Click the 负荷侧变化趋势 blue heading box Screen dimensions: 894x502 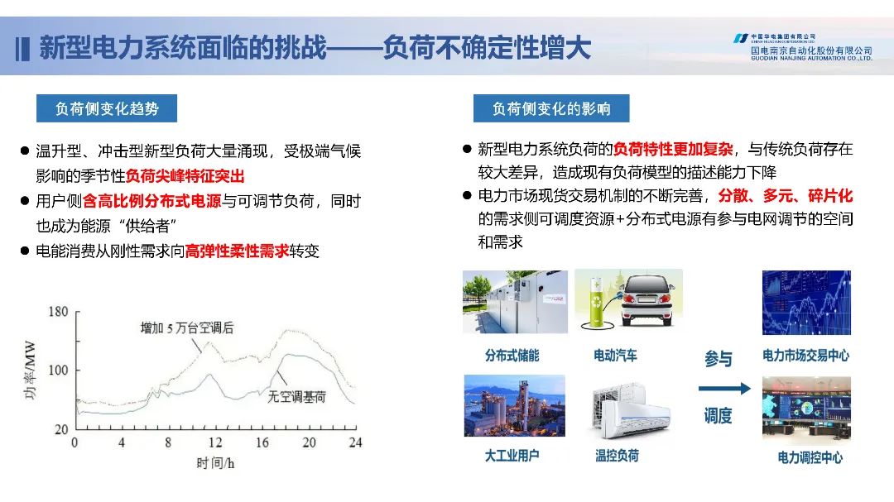tap(107, 108)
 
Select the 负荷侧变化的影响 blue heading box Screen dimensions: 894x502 tap(551, 108)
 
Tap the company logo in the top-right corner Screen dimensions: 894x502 tap(803, 46)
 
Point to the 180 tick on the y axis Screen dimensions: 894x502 tap(58, 312)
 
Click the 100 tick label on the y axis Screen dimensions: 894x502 tap(58, 371)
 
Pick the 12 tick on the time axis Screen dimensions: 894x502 tap(215, 442)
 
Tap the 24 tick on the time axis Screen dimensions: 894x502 tap(355, 442)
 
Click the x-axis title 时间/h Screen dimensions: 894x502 tap(215, 463)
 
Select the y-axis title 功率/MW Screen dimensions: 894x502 tap(30, 370)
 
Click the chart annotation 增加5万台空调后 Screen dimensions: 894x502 tap(187, 327)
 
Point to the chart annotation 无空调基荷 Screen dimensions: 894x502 tap(296, 397)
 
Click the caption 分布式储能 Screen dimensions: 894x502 tap(512, 356)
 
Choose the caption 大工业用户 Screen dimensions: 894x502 tap(512, 456)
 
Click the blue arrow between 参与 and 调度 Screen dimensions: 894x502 tap(724, 389)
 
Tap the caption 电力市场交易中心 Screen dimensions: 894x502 tap(805, 356)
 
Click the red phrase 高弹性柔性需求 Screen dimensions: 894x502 tap(238, 251)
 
